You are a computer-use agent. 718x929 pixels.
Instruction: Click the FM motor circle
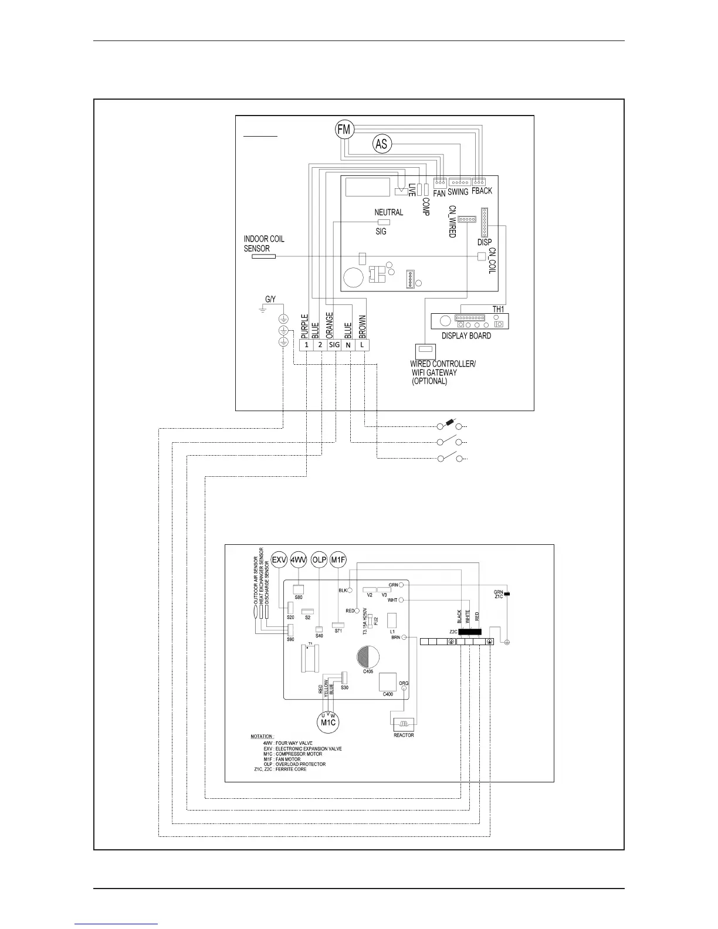344,129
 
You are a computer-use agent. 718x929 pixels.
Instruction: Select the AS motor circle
382,144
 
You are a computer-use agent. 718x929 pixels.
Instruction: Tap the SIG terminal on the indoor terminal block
334,345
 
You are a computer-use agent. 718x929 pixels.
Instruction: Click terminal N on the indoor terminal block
348,345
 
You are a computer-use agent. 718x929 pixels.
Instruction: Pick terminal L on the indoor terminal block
363,345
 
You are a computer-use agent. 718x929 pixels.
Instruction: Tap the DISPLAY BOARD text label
466,336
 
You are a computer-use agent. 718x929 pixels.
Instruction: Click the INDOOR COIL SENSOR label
264,243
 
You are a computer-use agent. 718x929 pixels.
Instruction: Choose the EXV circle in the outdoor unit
279,560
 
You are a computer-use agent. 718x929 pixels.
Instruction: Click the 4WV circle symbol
299,560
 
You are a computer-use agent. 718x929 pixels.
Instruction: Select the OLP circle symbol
319,560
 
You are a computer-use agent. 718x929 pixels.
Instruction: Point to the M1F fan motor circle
338,560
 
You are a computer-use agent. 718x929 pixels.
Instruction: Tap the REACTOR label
404,735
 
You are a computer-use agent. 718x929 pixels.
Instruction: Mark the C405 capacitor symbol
368,656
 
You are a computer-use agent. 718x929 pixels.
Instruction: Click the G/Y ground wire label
270,300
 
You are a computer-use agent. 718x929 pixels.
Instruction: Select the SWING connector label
458,192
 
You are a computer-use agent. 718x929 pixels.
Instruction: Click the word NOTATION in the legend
262,737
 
